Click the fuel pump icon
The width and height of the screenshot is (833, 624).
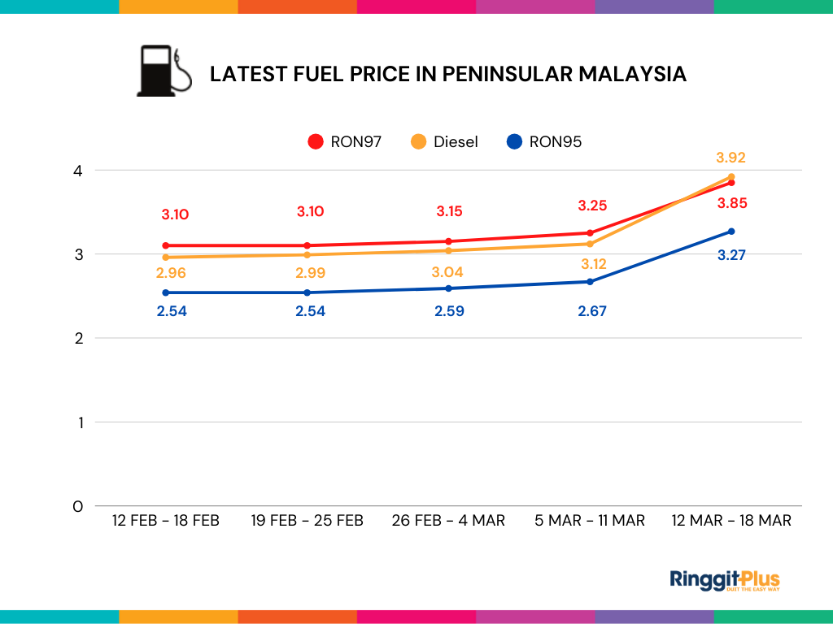[163, 71]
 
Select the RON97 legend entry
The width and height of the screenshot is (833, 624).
[345, 141]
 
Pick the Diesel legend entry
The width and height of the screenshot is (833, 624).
[444, 141]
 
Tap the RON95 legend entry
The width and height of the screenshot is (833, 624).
[544, 141]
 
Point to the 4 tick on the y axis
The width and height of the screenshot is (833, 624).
[78, 171]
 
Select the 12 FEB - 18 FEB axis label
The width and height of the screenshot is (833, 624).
[166, 520]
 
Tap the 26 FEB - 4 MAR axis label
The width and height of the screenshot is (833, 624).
[448, 520]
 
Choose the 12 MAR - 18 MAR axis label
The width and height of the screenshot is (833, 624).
[731, 520]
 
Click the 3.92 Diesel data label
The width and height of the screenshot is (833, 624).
[731, 158]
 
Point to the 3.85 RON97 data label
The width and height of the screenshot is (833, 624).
[731, 203]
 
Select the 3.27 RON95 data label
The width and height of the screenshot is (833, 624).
[731, 255]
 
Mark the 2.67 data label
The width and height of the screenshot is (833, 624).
[591, 311]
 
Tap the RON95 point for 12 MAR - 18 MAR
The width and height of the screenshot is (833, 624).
[731, 232]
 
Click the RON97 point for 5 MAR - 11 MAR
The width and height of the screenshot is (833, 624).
[590, 233]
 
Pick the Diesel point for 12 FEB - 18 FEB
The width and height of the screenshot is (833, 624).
[166, 258]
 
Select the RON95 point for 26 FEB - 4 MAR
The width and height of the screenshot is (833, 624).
[448, 288]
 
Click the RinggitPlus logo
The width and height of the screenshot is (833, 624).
[724, 580]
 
